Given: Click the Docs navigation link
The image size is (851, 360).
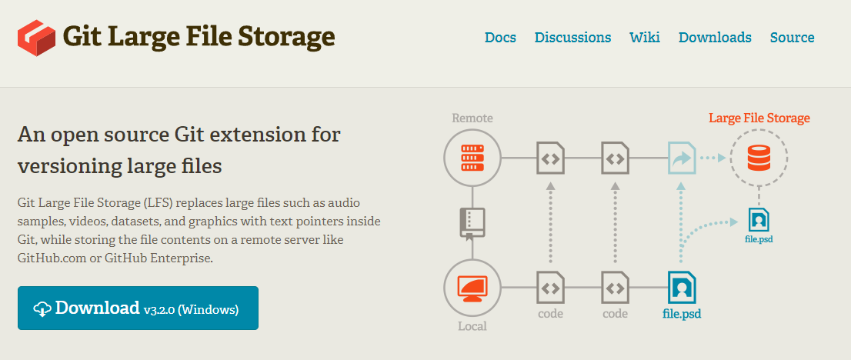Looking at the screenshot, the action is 500,37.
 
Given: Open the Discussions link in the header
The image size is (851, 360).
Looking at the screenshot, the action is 572,37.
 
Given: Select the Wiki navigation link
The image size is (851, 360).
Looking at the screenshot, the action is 644,37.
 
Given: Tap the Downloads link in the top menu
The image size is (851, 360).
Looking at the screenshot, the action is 715,37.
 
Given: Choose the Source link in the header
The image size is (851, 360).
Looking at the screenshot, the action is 792,37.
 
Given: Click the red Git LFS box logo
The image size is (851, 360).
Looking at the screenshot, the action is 38,38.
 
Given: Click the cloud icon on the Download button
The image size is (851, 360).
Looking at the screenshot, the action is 42,309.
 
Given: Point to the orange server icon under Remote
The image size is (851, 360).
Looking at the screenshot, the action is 472,159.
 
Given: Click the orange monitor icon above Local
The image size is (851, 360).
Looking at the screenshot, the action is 472,288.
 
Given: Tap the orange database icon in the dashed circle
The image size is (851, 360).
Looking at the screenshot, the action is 759,159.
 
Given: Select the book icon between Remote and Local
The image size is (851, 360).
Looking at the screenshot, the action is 472,222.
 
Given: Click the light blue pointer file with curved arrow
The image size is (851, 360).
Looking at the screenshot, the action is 682,159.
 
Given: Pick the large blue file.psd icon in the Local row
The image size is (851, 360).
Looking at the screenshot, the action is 682,288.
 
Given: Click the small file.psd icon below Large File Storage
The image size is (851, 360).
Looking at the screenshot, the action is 759,221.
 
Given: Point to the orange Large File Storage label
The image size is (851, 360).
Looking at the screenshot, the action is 759,118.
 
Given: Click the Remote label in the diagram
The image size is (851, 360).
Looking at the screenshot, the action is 472,118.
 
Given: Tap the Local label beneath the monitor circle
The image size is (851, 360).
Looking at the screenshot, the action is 472,326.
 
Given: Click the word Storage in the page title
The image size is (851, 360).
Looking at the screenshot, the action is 287,36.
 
